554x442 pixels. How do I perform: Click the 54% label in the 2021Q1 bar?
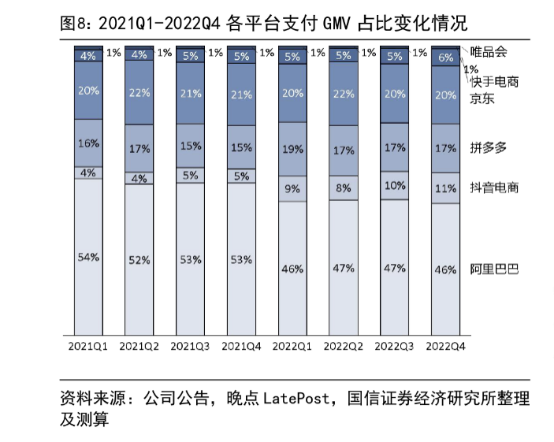coord(88,257)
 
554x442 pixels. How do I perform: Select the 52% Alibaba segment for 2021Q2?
coord(139,260)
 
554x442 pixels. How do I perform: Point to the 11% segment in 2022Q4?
coord(446,188)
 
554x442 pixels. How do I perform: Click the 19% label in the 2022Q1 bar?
coord(292,147)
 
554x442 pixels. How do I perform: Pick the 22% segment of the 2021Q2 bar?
coord(139,92)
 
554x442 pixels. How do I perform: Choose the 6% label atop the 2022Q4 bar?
coord(446,57)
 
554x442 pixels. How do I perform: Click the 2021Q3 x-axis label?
coord(190,345)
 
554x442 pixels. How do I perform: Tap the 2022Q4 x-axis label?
coord(446,345)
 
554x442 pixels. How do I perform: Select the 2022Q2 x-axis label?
coord(344,345)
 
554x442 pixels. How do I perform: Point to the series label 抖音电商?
coord(494,188)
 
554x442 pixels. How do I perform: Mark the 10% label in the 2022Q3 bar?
coord(395,186)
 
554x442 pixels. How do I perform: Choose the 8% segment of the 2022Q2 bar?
coord(344,188)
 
